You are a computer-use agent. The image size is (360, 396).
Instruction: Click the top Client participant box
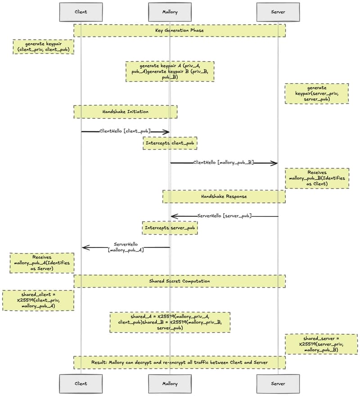(81, 12)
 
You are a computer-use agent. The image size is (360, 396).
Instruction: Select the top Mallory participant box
(170, 12)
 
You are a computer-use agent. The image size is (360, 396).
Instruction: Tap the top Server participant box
(278, 12)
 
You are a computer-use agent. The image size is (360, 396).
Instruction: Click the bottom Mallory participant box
(170, 384)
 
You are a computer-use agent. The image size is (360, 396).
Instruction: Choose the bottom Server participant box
(278, 384)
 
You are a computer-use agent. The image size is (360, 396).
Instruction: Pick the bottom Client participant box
(81, 384)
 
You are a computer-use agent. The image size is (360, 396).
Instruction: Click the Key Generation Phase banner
(180, 30)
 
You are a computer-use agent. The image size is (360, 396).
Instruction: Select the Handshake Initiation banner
(125, 112)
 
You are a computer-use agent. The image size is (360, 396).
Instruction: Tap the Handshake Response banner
(224, 196)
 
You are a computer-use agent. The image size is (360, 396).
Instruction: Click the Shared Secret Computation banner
(180, 281)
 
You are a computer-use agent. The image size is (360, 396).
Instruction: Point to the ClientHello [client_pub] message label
(125, 131)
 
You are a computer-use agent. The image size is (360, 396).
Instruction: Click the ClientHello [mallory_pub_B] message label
(224, 162)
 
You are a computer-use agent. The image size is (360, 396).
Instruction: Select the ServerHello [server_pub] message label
(224, 216)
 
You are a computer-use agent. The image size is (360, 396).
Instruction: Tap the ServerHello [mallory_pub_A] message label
(126, 247)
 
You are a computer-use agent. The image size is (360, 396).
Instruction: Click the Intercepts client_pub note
(170, 143)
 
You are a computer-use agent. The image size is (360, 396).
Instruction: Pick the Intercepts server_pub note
(170, 228)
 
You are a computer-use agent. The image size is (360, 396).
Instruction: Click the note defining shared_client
(38, 300)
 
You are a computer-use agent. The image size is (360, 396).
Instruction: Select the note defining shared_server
(321, 344)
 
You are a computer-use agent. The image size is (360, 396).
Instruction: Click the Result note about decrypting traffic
(180, 362)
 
